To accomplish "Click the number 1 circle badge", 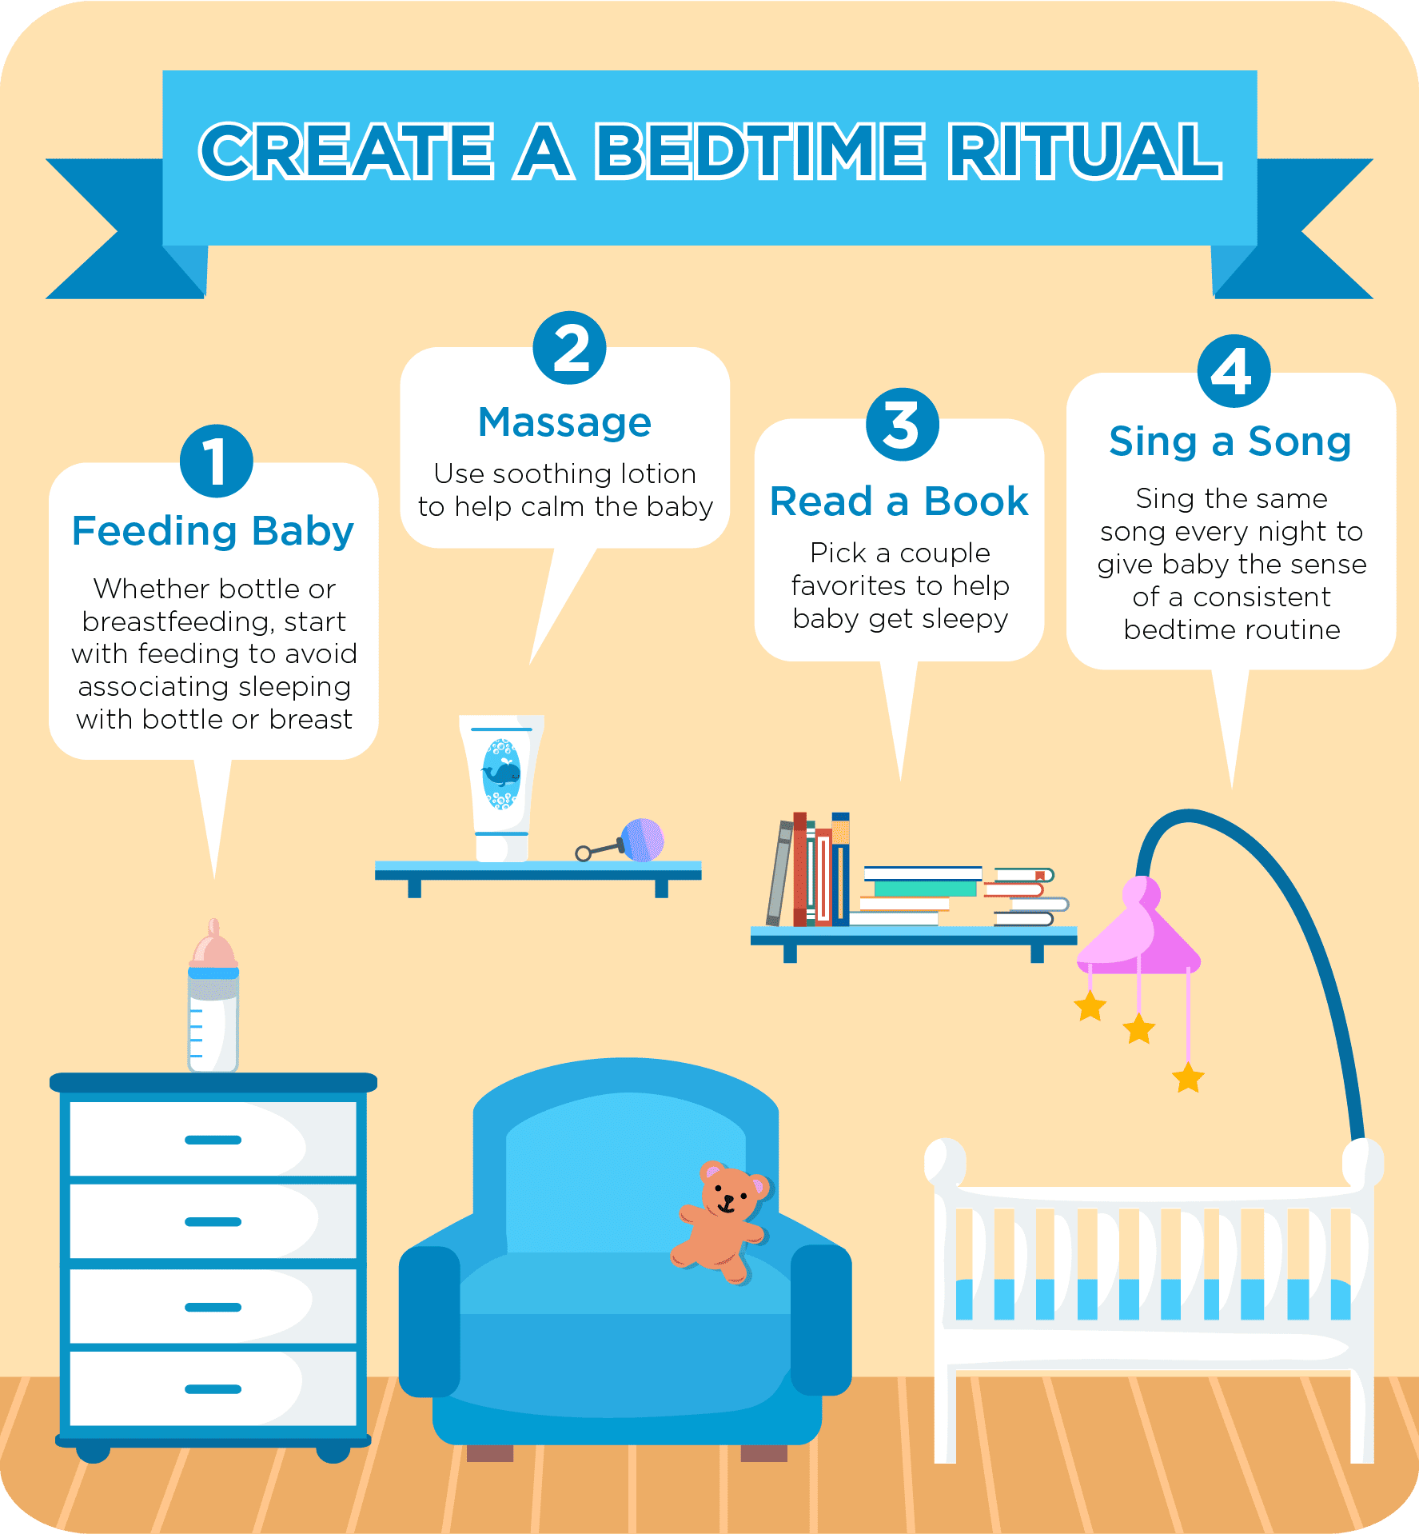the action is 216,461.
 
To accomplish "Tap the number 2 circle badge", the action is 569,348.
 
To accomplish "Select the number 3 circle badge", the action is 903,425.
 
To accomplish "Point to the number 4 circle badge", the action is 1234,371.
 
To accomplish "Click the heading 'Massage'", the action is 564,422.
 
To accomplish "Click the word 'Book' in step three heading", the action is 975,501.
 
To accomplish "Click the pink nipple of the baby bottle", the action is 213,944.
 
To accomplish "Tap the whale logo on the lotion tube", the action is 501,774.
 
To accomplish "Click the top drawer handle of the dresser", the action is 213,1140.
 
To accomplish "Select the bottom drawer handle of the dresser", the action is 213,1389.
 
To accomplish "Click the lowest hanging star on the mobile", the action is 1188,1077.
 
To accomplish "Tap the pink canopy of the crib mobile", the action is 1139,928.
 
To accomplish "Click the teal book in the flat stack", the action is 926,888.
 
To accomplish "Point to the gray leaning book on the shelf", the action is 779,873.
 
